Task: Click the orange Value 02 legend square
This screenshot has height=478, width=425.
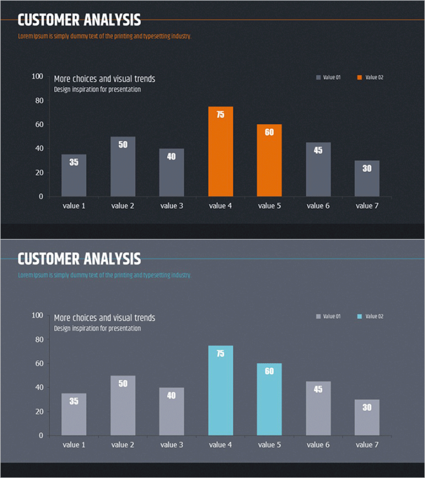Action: pos(360,78)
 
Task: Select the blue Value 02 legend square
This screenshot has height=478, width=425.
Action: pos(360,317)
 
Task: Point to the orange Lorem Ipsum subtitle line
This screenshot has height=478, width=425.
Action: pos(104,36)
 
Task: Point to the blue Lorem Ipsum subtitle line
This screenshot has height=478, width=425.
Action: pos(104,275)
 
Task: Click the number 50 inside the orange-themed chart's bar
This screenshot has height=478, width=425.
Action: pos(123,144)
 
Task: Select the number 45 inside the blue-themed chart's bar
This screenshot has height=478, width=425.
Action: pos(318,389)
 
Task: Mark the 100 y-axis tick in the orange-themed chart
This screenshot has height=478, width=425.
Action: pos(37,76)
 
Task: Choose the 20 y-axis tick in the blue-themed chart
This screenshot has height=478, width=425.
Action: pos(38,412)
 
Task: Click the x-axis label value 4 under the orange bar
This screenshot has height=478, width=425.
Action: pos(220,206)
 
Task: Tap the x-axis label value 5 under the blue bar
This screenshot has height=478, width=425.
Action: pos(269,445)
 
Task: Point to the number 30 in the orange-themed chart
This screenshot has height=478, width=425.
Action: pos(367,168)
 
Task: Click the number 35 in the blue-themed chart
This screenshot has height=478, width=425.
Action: pos(74,401)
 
